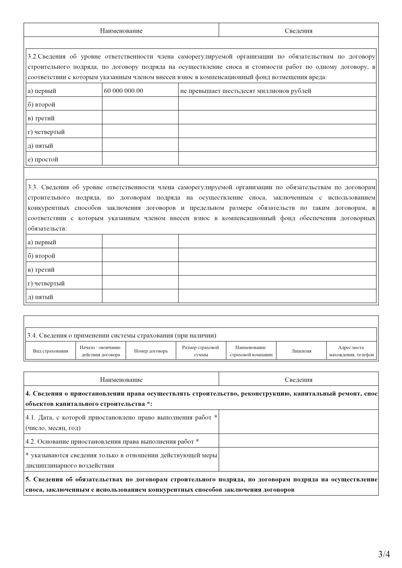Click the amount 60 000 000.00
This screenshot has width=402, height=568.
point(123,91)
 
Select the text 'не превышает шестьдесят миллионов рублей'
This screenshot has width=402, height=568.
point(246,91)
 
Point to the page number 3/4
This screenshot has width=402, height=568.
point(384,554)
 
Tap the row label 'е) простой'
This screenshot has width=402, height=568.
point(43,160)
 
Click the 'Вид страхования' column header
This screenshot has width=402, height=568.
point(51,351)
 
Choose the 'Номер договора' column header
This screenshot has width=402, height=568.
point(151,351)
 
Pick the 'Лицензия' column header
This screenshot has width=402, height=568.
point(301,351)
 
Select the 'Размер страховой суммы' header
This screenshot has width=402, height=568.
point(201,351)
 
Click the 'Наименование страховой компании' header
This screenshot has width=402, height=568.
point(251,351)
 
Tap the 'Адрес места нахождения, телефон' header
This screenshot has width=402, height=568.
point(351,351)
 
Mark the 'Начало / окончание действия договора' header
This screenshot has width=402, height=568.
point(100,351)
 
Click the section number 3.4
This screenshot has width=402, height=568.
point(32,336)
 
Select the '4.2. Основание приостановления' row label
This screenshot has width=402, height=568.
point(112,442)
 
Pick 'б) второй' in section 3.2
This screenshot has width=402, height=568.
point(41,105)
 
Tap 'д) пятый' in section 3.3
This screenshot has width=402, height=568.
point(40,297)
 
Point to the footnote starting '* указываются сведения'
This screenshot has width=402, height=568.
point(121,460)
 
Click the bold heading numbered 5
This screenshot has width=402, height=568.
point(201,484)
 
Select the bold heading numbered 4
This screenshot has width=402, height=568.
point(201,398)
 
